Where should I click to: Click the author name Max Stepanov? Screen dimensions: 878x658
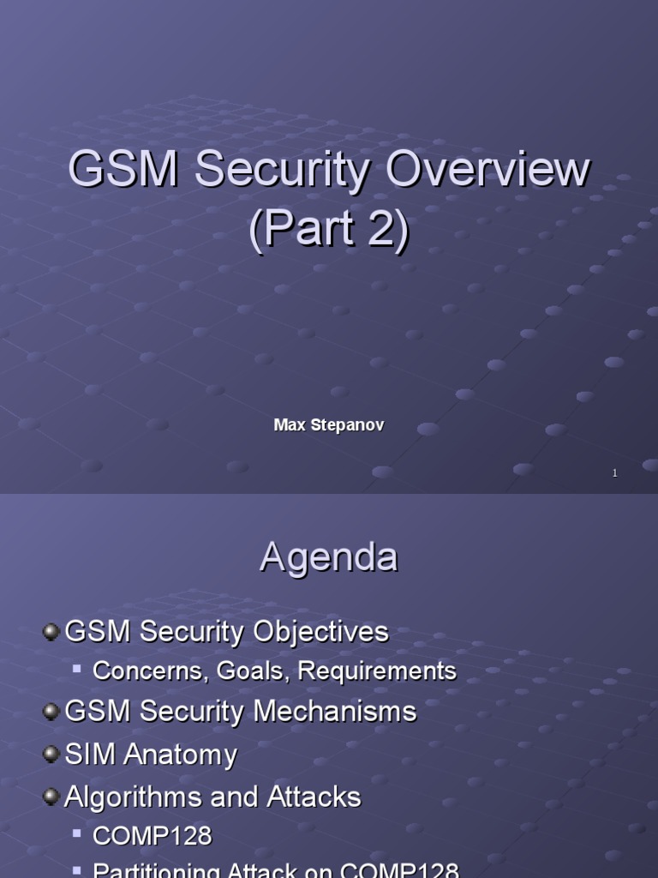(x=329, y=425)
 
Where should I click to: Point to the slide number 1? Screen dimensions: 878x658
(x=614, y=472)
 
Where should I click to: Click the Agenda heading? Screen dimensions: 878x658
(x=329, y=557)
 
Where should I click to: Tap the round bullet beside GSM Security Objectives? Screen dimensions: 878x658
(x=51, y=632)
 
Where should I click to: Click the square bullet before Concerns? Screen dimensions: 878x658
(x=77, y=667)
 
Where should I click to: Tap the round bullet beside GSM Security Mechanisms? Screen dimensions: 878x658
(x=51, y=711)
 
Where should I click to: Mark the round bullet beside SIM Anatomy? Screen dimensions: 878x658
(x=51, y=754)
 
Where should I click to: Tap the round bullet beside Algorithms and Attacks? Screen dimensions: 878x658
(x=51, y=797)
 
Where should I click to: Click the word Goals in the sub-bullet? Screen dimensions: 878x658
(x=249, y=671)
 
